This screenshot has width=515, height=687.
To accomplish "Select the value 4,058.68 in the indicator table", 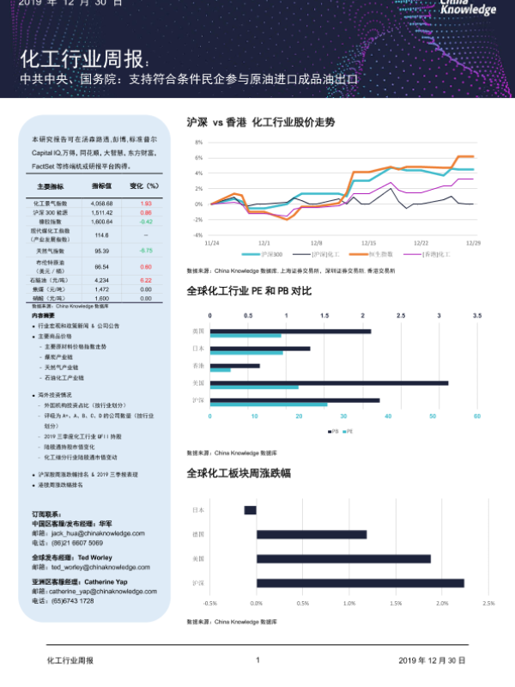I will click(x=101, y=203).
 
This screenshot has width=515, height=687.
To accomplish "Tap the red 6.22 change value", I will click(x=146, y=280).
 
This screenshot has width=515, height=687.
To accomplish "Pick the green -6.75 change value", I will click(x=146, y=250).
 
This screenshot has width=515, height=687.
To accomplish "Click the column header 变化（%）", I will click(x=144, y=185).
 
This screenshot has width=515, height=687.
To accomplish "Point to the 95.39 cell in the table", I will click(x=101, y=250).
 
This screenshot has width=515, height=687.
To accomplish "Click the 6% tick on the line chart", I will click(x=199, y=158).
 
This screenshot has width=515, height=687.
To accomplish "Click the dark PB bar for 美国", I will click(x=329, y=382).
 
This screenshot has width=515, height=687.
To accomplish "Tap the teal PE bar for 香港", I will click(x=221, y=370).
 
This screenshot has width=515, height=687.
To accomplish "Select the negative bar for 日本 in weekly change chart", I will click(x=250, y=510).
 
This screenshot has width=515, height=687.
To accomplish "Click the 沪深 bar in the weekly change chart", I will click(x=360, y=583).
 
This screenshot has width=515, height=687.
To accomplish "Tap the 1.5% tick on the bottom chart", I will click(x=395, y=603).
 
